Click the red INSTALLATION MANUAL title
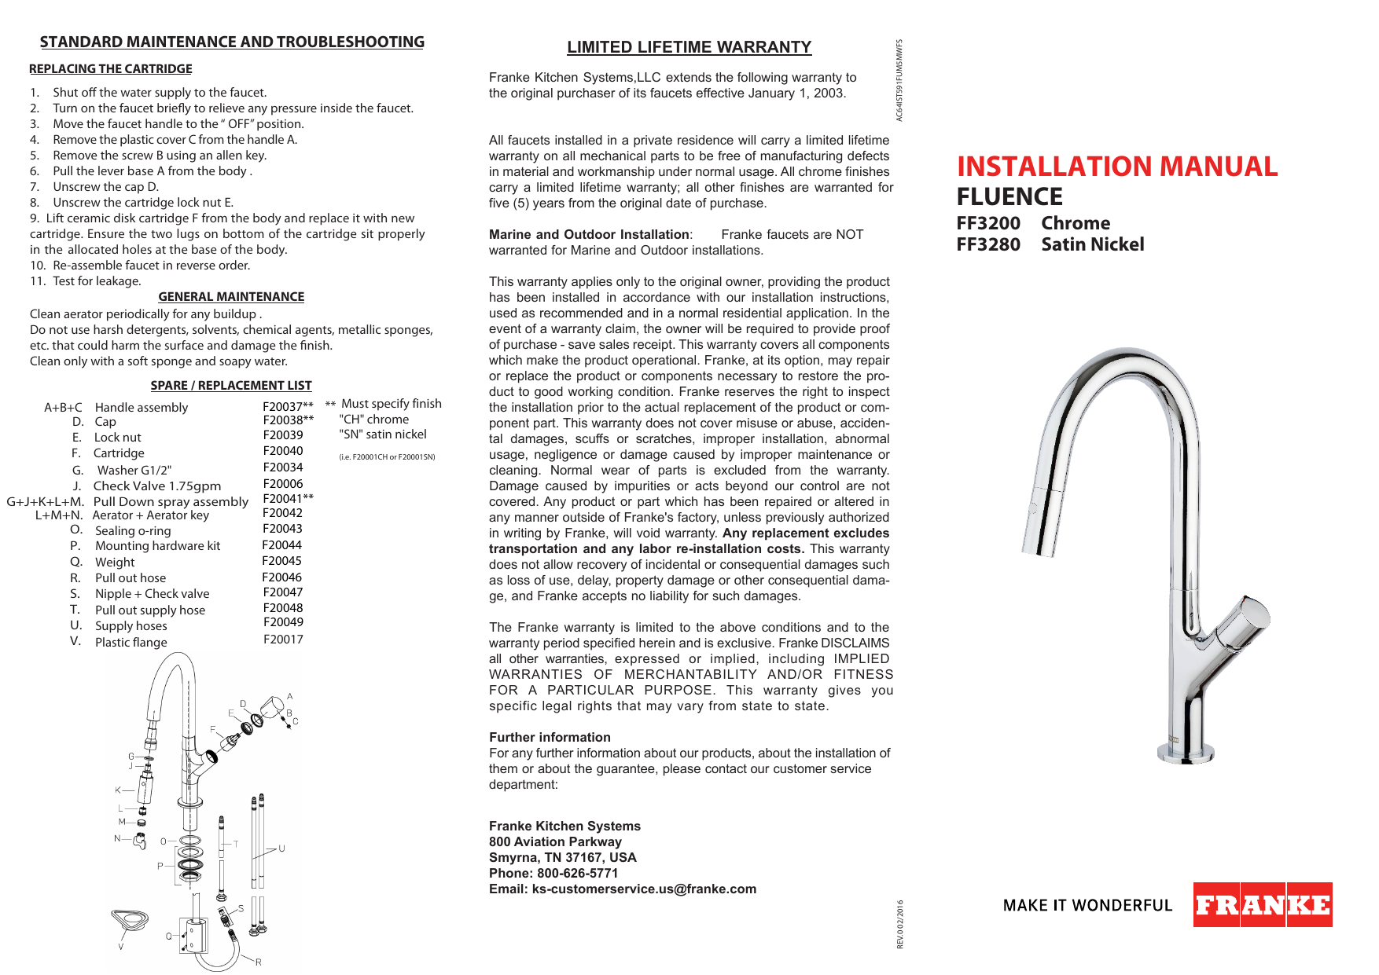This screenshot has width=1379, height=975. click(x=1116, y=167)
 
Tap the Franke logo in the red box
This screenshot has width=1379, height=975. click(x=1262, y=905)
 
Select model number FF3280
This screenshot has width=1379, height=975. click(x=988, y=244)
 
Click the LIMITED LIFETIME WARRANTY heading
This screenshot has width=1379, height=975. click(x=689, y=47)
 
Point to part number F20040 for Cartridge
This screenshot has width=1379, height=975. click(x=282, y=451)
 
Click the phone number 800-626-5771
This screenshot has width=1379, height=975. click(x=577, y=873)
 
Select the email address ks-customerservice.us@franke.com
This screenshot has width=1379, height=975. click(x=644, y=889)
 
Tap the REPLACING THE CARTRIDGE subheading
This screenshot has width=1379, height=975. click(x=110, y=69)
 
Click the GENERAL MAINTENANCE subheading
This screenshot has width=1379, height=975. click(x=231, y=297)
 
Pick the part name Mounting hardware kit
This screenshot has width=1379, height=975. click(x=157, y=546)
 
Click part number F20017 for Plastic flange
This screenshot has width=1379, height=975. click(x=283, y=640)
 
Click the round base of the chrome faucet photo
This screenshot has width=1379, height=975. click(x=1185, y=752)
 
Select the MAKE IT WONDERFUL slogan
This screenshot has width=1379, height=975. click(x=1087, y=905)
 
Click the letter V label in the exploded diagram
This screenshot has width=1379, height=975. click(x=121, y=947)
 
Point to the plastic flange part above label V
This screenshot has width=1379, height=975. click(x=130, y=920)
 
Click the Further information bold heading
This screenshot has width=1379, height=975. click(x=550, y=737)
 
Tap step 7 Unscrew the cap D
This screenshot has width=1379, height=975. click(x=105, y=187)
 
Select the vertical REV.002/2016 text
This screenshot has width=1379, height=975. click(x=900, y=924)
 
